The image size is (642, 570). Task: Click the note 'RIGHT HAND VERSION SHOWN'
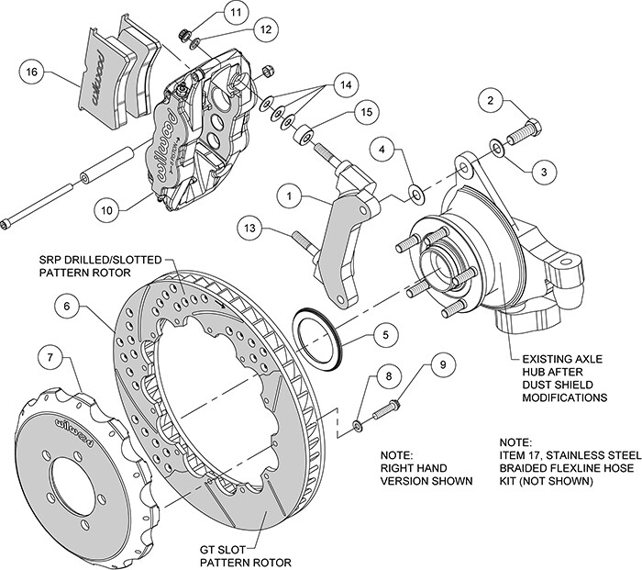(426, 468)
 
